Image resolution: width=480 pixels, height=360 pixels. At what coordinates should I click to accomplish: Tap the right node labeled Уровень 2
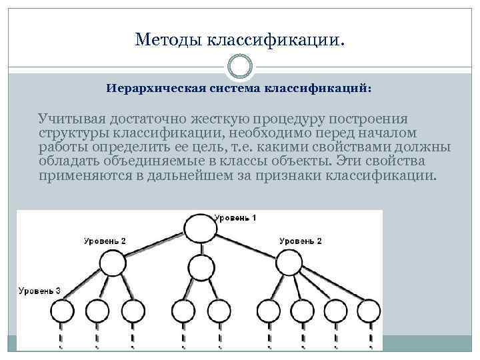[289, 264]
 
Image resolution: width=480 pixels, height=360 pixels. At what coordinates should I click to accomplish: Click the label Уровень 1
[235, 218]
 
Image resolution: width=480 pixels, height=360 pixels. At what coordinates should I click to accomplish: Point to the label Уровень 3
[39, 291]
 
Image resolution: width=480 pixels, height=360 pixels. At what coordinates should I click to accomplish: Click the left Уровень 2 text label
[105, 240]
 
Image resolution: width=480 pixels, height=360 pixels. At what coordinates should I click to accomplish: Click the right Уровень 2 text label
[300, 240]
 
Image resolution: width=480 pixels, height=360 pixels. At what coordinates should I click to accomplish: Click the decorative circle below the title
[239, 66]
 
